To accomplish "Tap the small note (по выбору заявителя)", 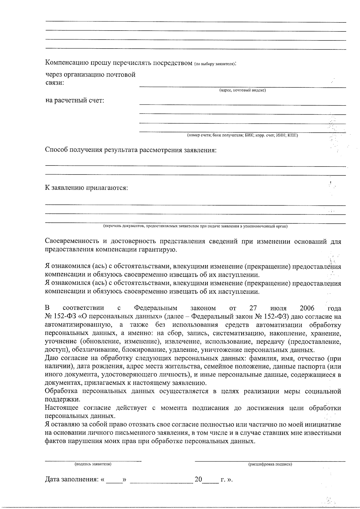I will (214, 64).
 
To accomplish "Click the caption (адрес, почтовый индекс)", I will (242, 90).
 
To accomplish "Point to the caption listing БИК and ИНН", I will (242, 135).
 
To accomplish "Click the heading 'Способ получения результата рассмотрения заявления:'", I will (130, 150).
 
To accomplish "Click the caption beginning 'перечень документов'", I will (195, 226).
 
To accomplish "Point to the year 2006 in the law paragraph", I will (307, 308).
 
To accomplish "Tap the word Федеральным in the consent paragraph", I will (155, 308).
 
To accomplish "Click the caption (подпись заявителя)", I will (93, 464).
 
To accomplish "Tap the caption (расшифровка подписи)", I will (270, 464).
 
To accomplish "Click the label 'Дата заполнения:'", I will (71, 480).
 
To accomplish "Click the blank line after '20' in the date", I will (211, 480).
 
